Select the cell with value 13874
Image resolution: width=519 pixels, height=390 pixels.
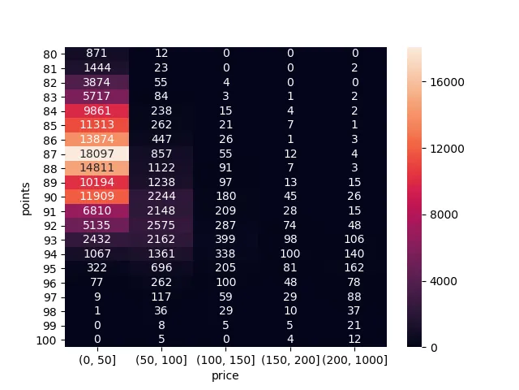pos(97,138)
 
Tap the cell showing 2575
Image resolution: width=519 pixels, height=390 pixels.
pos(161,222)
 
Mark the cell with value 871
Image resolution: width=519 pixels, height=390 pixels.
pos(97,54)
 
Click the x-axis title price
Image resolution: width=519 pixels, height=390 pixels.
pos(225,375)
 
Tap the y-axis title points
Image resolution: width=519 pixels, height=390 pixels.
pos(27,197)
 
